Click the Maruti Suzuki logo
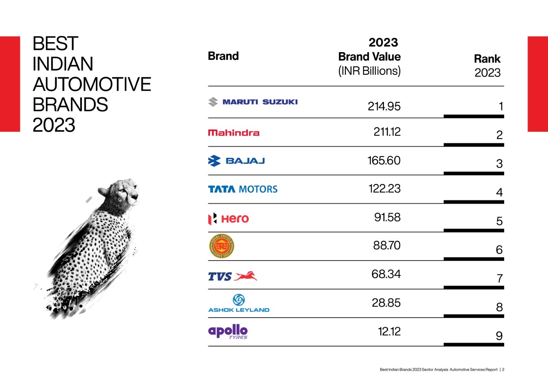pos(253,102)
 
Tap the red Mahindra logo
pos(234,133)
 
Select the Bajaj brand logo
pos(237,161)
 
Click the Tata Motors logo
pos(243,189)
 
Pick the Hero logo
pos(228,219)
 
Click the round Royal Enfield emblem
pos(222,246)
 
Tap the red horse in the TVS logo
pos(246,276)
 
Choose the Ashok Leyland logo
pos(239,304)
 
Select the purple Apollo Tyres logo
pos(228,332)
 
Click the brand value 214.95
pos(384,106)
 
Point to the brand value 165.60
pos(384,160)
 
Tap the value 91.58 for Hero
pos(387,217)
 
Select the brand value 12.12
pos(389,332)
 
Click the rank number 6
pos(499,250)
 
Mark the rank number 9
pos(499,336)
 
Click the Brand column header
pos(223,56)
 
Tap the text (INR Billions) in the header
pos(369,71)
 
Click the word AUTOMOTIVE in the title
pos(92,84)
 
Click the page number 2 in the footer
pos(503,370)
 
